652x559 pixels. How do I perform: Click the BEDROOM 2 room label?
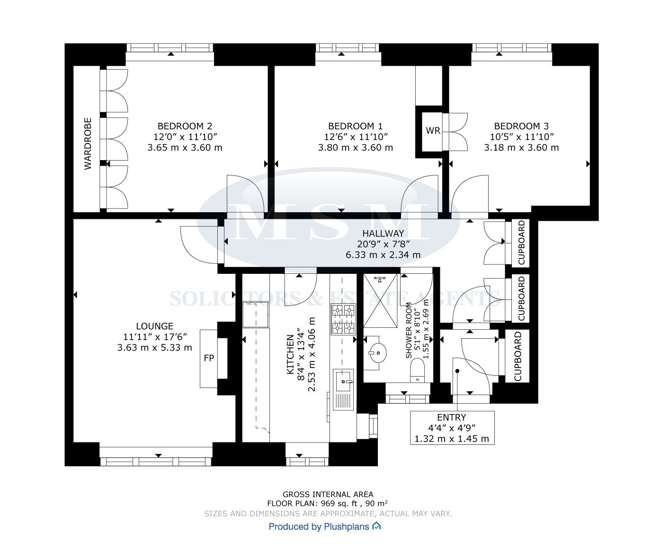click(x=185, y=126)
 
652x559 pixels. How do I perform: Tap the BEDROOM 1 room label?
click(x=355, y=126)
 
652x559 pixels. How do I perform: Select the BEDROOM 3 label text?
click(x=521, y=126)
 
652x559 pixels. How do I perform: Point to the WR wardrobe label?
click(x=433, y=130)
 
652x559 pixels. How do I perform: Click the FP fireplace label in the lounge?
click(x=209, y=358)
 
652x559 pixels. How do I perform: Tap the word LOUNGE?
click(x=154, y=326)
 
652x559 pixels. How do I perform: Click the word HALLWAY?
click(x=383, y=233)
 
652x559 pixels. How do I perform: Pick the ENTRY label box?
click(x=452, y=428)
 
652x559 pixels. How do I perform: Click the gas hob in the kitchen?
click(x=343, y=319)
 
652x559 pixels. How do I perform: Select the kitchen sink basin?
click(x=343, y=381)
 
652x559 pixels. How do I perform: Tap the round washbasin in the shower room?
click(x=378, y=352)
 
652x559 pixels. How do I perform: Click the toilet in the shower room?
click(x=417, y=370)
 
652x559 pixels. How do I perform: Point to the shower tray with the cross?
click(x=380, y=301)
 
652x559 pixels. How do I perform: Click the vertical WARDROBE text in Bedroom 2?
click(x=88, y=144)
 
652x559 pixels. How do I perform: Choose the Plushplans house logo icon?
click(x=376, y=526)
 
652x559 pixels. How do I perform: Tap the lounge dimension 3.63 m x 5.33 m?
click(x=154, y=348)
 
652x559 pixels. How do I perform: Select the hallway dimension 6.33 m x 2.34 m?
click(x=383, y=255)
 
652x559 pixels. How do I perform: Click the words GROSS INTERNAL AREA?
click(x=328, y=494)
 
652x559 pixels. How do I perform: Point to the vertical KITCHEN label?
click(x=290, y=355)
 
